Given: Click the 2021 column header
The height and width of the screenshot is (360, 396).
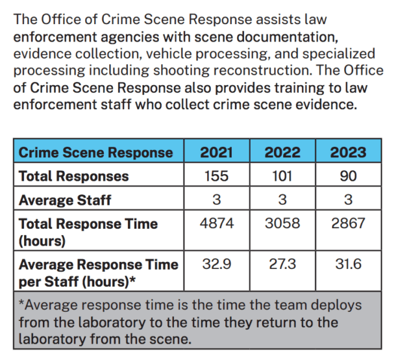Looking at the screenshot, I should click(217, 153).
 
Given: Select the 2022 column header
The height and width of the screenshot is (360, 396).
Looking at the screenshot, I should click(282, 153).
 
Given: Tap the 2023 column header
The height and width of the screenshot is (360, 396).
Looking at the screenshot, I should click(348, 153).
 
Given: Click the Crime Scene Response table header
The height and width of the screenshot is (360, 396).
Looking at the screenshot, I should click(96, 153).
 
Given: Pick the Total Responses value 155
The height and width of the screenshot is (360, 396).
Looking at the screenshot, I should click(217, 176).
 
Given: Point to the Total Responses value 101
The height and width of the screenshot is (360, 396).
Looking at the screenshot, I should click(282, 176).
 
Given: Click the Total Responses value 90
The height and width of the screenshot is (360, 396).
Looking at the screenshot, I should click(348, 176).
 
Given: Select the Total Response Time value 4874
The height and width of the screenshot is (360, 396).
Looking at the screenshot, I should click(217, 224).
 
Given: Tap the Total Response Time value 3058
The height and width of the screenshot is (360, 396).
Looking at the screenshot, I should click(282, 224).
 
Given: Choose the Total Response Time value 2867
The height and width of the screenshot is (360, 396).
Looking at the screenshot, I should click(348, 224).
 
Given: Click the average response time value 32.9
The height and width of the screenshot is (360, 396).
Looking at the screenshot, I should click(217, 264).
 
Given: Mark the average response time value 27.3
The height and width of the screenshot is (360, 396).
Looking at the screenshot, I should click(282, 264).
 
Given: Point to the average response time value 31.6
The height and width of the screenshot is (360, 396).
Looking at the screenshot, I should click(348, 264).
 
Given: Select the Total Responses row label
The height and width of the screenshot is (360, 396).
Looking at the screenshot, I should click(74, 176).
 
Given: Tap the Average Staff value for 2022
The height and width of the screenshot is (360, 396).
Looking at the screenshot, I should click(282, 200).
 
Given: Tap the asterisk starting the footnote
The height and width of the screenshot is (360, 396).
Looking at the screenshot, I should click(21, 304).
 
